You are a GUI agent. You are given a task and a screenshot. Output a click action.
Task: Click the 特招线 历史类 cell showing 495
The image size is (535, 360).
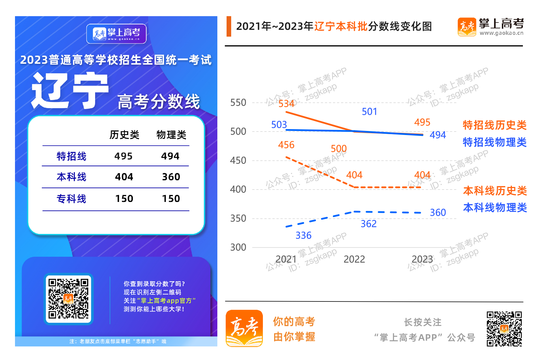pyautogui.click(x=123, y=156)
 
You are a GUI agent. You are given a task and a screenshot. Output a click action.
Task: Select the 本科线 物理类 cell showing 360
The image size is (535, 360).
pyautogui.click(x=171, y=177)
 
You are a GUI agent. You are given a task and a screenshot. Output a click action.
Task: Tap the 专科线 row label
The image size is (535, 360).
pyautogui.click(x=71, y=198)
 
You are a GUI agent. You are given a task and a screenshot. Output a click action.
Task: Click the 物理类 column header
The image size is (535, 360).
pyautogui.click(x=171, y=135)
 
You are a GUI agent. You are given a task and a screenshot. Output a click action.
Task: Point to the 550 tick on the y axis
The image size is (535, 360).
pyautogui.click(x=238, y=103)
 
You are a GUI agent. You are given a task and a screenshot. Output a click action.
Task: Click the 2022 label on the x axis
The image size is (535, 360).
pyautogui.click(x=354, y=259)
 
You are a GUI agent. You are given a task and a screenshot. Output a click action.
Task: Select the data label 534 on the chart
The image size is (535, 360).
pyautogui.click(x=286, y=104)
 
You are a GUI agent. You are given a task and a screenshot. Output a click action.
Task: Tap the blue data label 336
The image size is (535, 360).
pyautogui.click(x=303, y=235)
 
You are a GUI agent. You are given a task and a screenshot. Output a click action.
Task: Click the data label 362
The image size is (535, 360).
pyautogui.click(x=368, y=224)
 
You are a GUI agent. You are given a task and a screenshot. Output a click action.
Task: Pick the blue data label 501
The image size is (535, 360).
pyautogui.click(x=369, y=112)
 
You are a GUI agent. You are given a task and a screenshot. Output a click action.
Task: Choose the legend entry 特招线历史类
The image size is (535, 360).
pyautogui.click(x=494, y=125)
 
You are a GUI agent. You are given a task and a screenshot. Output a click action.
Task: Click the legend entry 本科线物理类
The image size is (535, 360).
pyautogui.click(x=495, y=207)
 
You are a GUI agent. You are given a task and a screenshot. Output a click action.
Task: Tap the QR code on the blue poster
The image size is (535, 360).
pyautogui.click(x=69, y=299)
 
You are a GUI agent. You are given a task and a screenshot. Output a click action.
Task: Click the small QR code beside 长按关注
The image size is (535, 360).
pyautogui.click(x=504, y=329)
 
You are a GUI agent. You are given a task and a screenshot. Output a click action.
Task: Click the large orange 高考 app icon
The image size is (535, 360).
pyautogui.click(x=244, y=328)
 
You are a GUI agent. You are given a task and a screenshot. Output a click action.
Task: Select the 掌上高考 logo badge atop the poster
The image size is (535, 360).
pyautogui.click(x=116, y=34)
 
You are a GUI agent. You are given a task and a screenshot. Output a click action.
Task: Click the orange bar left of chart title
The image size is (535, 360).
pyautogui.click(x=229, y=26)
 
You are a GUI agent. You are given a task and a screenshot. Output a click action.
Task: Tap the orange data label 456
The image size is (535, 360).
pyautogui.click(x=286, y=145)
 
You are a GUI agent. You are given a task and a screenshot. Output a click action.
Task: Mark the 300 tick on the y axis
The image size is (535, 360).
pyautogui.click(x=238, y=247)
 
